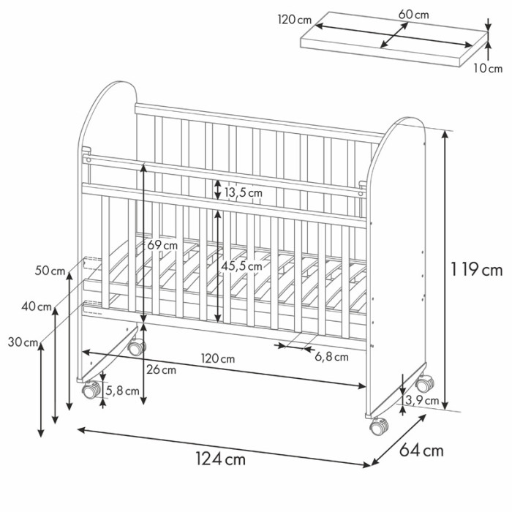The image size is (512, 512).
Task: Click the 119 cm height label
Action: click(x=476, y=270)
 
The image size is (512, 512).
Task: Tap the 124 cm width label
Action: click(x=221, y=459)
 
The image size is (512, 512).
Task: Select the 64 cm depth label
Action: click(x=421, y=451)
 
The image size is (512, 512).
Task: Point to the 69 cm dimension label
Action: click(x=162, y=245)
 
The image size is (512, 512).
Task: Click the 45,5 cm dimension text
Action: click(x=241, y=266)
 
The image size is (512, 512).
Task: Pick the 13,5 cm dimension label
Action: click(x=244, y=192)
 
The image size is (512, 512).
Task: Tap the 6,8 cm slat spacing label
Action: click(x=331, y=357)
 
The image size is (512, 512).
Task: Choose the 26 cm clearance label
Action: click(x=162, y=370)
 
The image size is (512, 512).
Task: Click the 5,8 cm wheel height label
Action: click(x=123, y=391)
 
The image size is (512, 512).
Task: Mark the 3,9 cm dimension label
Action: click(x=422, y=400)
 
